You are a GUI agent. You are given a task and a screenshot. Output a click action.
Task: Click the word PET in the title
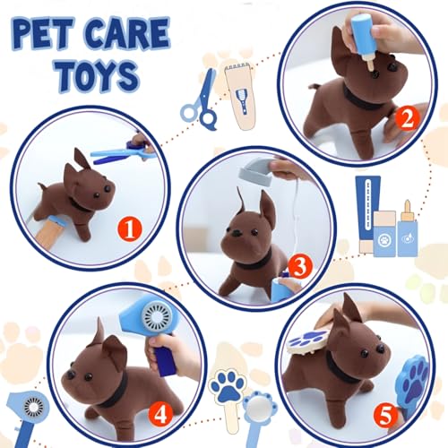pyautogui.click(x=50, y=35)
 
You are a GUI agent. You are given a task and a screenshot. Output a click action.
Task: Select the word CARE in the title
pyautogui.click(x=129, y=35)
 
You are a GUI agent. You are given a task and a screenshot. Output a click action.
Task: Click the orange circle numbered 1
pyautogui.click(x=129, y=229)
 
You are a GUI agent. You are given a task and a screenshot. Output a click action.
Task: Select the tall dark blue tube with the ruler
pyautogui.click(x=365, y=215)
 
